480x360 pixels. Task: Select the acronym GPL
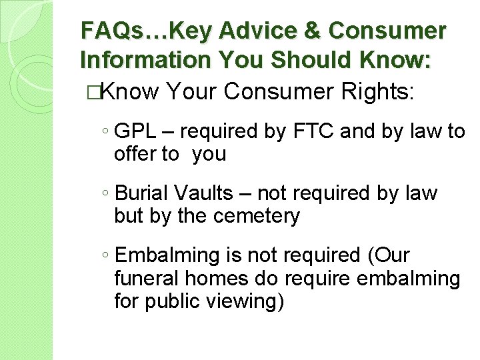coord(137,132)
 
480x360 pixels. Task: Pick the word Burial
coord(142,193)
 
